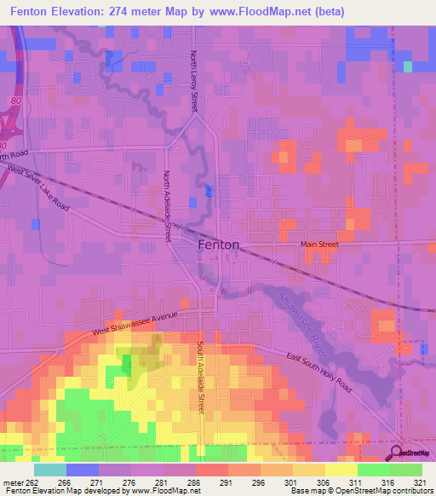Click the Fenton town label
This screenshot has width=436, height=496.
click(x=218, y=245)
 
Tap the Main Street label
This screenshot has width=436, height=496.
click(x=319, y=245)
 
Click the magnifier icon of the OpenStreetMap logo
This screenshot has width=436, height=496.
click(x=397, y=452)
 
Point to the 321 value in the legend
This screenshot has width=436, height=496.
click(x=420, y=482)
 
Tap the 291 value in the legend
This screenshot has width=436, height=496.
click(x=226, y=482)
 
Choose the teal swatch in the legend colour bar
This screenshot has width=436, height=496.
click(x=49, y=470)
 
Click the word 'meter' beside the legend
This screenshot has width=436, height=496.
click(x=12, y=482)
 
